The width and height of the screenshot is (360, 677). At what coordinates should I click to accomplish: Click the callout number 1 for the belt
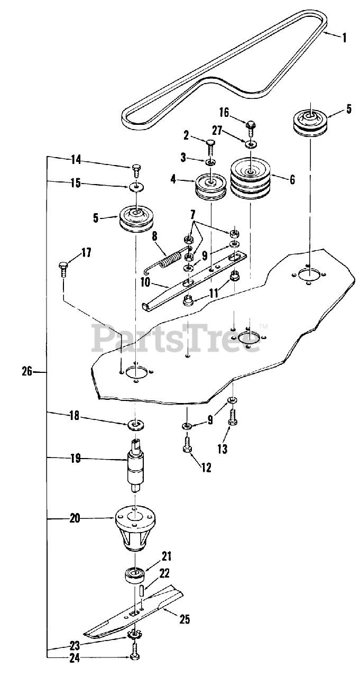[x=344, y=38]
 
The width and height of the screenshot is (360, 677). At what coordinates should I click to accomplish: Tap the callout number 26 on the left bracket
[x=27, y=372]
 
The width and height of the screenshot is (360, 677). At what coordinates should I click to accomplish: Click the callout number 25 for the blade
[x=185, y=619]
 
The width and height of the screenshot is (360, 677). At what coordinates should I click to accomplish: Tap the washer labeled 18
[x=136, y=424]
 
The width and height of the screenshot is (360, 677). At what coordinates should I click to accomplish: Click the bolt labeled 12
[x=186, y=444]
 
